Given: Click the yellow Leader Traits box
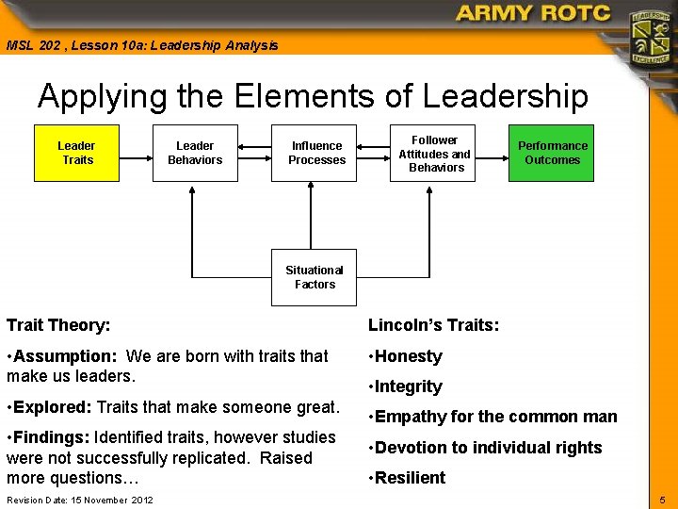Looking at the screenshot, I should click(x=77, y=153).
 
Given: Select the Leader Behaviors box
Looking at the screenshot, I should click(x=195, y=153).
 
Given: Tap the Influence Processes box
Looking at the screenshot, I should click(x=316, y=153).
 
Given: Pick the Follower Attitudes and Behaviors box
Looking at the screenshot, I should click(x=434, y=153).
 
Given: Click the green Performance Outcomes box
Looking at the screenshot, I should click(x=552, y=153).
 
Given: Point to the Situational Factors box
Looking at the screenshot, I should click(x=315, y=277).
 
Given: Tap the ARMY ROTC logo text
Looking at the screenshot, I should click(x=533, y=14).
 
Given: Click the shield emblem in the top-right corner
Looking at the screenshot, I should click(x=651, y=37).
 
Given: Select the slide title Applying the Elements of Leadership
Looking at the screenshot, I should click(x=313, y=96).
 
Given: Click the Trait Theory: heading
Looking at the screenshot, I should click(x=58, y=325).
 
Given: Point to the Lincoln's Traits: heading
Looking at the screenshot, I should click(x=433, y=325).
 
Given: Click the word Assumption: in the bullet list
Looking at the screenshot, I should click(x=64, y=356).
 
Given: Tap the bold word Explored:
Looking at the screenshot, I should click(x=53, y=407).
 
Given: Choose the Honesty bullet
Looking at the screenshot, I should click(x=408, y=356).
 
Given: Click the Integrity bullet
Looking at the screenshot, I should click(x=408, y=386).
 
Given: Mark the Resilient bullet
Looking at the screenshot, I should click(x=410, y=478).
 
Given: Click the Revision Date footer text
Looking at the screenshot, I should click(x=79, y=500).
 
